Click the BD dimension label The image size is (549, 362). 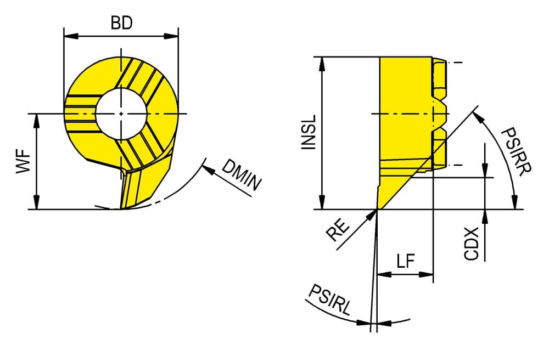(x=121, y=23)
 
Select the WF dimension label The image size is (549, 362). (x=23, y=161)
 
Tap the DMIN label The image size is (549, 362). (x=242, y=175)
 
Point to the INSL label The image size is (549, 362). (x=309, y=133)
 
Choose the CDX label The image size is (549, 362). (x=471, y=244)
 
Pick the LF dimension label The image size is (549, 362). (x=406, y=261)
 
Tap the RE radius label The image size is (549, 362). (x=338, y=230)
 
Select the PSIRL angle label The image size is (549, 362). (x=329, y=300)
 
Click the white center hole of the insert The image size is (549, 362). (x=121, y=114)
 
